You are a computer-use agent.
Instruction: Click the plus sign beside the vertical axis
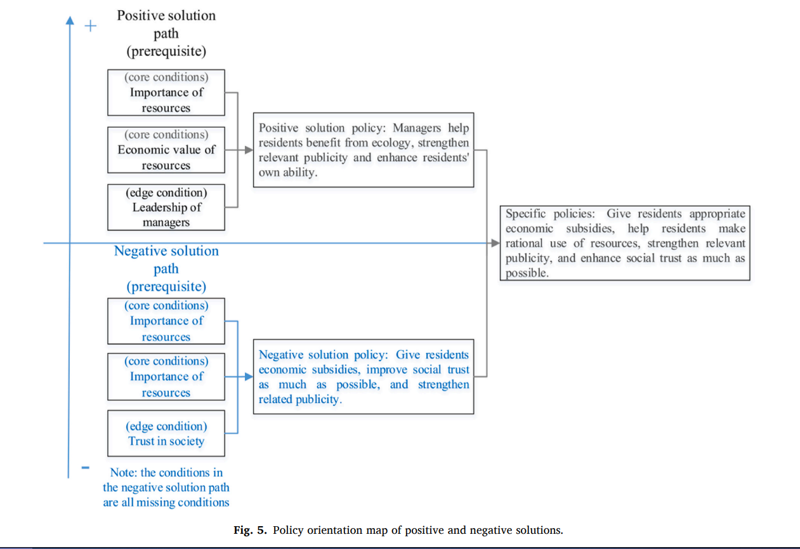point(91,26)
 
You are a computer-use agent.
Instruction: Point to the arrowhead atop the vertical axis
point(69,20)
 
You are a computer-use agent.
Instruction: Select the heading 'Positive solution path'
point(166,23)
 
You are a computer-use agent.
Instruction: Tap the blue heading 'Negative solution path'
point(166,260)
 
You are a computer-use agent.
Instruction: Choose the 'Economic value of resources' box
point(166,150)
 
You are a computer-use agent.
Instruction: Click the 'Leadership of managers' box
point(166,207)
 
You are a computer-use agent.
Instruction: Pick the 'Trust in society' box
point(166,433)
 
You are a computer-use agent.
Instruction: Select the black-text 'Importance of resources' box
point(166,93)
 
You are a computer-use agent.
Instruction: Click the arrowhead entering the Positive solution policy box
point(249,150)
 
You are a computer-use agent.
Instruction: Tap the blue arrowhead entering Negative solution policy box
point(249,376)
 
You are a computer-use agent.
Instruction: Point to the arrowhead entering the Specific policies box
point(496,243)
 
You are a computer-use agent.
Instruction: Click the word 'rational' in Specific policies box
point(526,243)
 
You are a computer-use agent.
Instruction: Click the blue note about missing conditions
point(166,487)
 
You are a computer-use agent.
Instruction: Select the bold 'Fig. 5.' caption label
point(251,530)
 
